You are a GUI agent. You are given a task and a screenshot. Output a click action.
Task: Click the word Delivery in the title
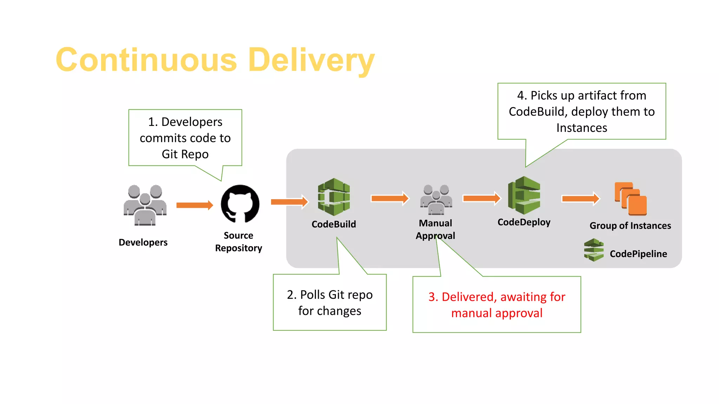(x=311, y=60)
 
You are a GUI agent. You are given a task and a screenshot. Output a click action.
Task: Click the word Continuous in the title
(x=146, y=60)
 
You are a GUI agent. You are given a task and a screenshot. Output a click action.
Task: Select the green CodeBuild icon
(x=334, y=197)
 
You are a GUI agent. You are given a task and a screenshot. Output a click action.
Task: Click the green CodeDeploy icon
(x=524, y=196)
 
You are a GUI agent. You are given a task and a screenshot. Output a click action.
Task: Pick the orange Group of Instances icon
(x=631, y=199)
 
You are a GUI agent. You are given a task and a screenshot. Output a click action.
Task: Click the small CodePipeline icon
(x=594, y=250)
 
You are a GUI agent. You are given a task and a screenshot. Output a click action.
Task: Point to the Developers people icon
(x=145, y=206)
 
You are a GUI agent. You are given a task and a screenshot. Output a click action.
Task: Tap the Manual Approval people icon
(x=436, y=200)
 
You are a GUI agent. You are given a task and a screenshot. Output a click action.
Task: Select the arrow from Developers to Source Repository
(x=194, y=205)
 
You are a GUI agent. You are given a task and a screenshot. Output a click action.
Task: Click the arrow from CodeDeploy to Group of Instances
(x=580, y=199)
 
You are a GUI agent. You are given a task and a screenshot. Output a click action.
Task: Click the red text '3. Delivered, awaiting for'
(x=497, y=297)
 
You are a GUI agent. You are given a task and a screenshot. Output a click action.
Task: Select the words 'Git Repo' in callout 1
(x=185, y=154)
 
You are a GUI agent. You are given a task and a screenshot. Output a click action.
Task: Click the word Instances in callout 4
(x=581, y=128)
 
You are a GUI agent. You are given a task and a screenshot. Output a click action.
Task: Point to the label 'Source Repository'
(x=238, y=242)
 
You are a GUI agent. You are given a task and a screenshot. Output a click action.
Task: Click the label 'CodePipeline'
(x=638, y=254)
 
